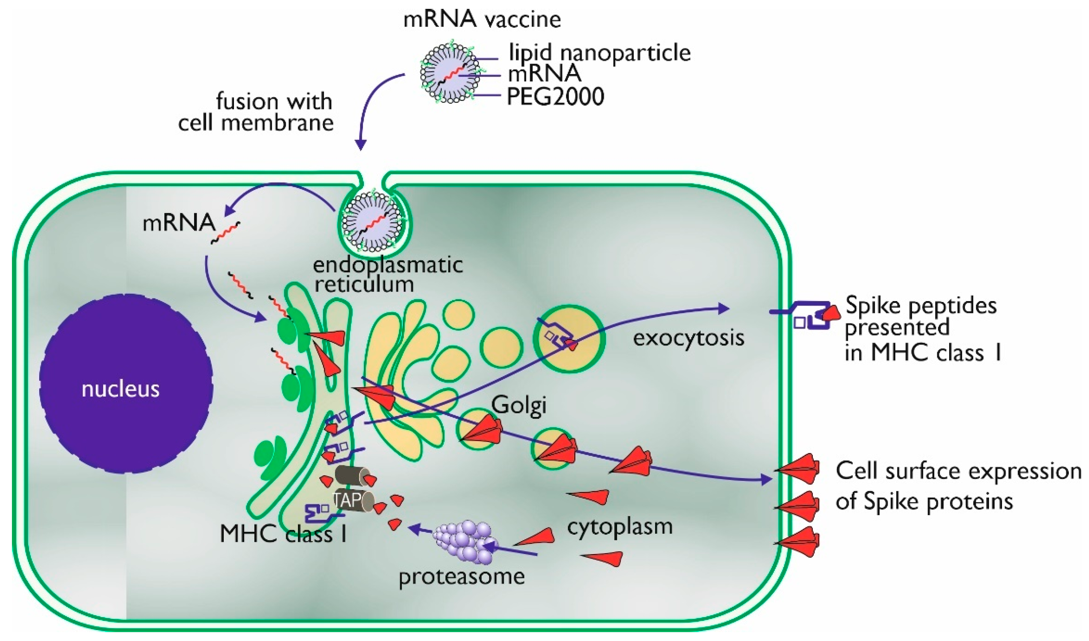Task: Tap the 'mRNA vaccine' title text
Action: coord(482,19)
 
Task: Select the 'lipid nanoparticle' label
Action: coord(599,53)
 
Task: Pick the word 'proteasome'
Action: coord(461,576)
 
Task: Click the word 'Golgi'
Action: coord(518,405)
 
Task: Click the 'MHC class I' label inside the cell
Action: coord(283,534)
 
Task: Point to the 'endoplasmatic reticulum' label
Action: coord(388,274)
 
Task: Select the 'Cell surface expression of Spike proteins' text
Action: coord(957,486)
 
